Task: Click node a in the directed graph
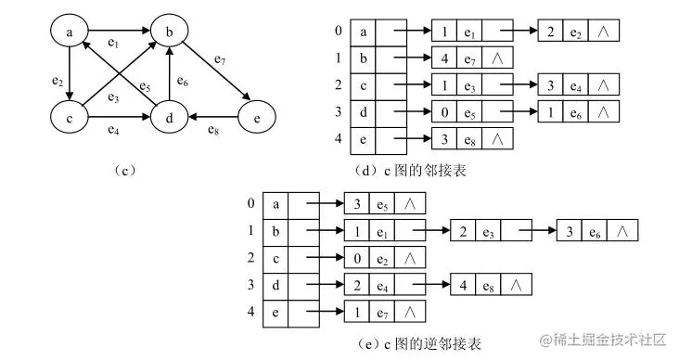click(x=70, y=34)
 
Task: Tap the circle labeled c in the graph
click(x=70, y=118)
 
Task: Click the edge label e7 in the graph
click(x=220, y=61)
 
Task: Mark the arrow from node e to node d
click(x=214, y=118)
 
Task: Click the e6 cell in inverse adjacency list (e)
click(x=597, y=229)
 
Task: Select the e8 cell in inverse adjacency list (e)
click(x=490, y=284)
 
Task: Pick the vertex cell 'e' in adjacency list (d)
click(x=365, y=140)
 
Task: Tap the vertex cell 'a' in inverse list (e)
click(x=276, y=202)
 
